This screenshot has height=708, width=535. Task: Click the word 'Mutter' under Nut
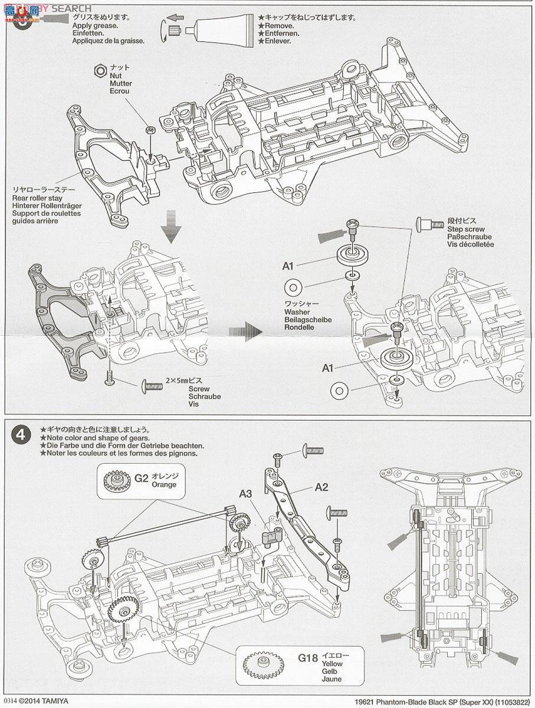(120, 84)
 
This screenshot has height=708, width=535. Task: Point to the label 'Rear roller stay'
(47, 198)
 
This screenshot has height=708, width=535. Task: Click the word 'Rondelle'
(299, 327)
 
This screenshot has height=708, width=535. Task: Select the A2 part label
(321, 487)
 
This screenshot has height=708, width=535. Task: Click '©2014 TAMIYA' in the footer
(39, 702)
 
